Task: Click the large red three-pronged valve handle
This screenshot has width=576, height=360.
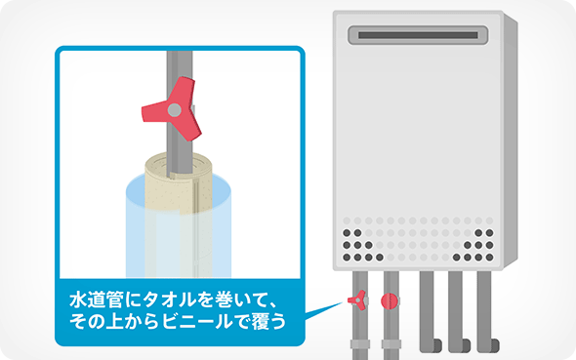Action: [173, 109]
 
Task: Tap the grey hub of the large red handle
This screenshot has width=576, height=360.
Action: [175, 109]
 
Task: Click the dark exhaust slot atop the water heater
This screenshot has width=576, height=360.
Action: [418, 35]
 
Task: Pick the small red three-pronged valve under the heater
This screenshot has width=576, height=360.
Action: [357, 300]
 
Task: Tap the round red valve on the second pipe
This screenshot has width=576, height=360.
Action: [390, 301]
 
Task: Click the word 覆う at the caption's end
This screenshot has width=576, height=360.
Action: [268, 322]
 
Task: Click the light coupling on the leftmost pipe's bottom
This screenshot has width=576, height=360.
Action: [360, 344]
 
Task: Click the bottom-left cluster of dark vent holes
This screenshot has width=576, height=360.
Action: [361, 245]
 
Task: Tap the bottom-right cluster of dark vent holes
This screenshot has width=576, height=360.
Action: [475, 245]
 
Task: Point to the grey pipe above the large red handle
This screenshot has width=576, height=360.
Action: [180, 65]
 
